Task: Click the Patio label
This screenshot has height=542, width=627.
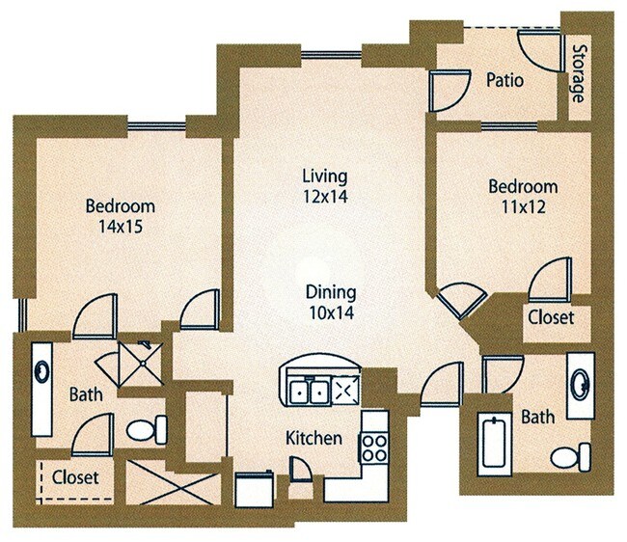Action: click(504, 80)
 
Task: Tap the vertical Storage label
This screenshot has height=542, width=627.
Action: click(578, 73)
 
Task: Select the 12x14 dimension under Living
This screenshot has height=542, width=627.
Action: click(323, 196)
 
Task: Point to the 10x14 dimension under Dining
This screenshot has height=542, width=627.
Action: click(330, 312)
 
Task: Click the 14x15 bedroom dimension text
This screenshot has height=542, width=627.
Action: click(120, 227)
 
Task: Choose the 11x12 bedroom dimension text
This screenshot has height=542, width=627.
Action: click(522, 206)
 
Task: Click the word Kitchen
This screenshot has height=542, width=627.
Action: click(313, 438)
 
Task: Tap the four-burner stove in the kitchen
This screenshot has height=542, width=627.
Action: click(372, 446)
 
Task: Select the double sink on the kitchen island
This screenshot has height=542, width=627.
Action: click(310, 391)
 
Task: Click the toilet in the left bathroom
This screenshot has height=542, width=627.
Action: click(148, 427)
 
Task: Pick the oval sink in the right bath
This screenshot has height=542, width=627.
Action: click(580, 386)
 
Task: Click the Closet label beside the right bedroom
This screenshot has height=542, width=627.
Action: click(551, 316)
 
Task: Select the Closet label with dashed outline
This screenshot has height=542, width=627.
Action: click(75, 476)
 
